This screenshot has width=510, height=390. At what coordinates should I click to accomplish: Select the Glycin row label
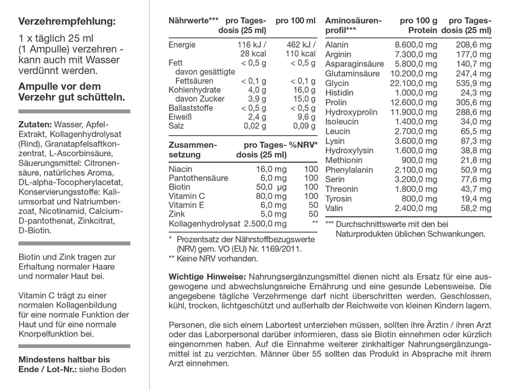point(337,83)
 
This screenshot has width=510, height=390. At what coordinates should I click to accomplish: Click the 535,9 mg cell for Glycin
point(476,83)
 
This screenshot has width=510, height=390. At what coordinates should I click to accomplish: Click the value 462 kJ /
point(299,45)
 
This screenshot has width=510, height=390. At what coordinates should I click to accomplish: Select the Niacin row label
point(180,169)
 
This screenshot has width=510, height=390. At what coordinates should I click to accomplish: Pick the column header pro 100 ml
point(295,21)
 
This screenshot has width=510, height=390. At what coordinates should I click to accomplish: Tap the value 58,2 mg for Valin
point(477,208)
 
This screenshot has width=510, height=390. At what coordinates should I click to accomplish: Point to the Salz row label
point(177,127)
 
